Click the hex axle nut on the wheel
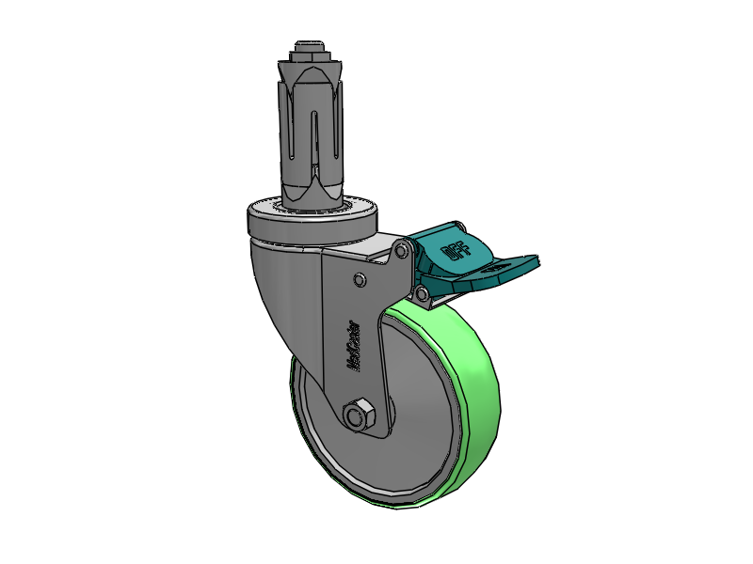[x=359, y=414]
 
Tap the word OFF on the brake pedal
[x=457, y=250]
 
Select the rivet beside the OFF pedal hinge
[x=402, y=250]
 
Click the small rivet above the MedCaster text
[x=360, y=279]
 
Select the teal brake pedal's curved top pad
[x=442, y=241]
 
